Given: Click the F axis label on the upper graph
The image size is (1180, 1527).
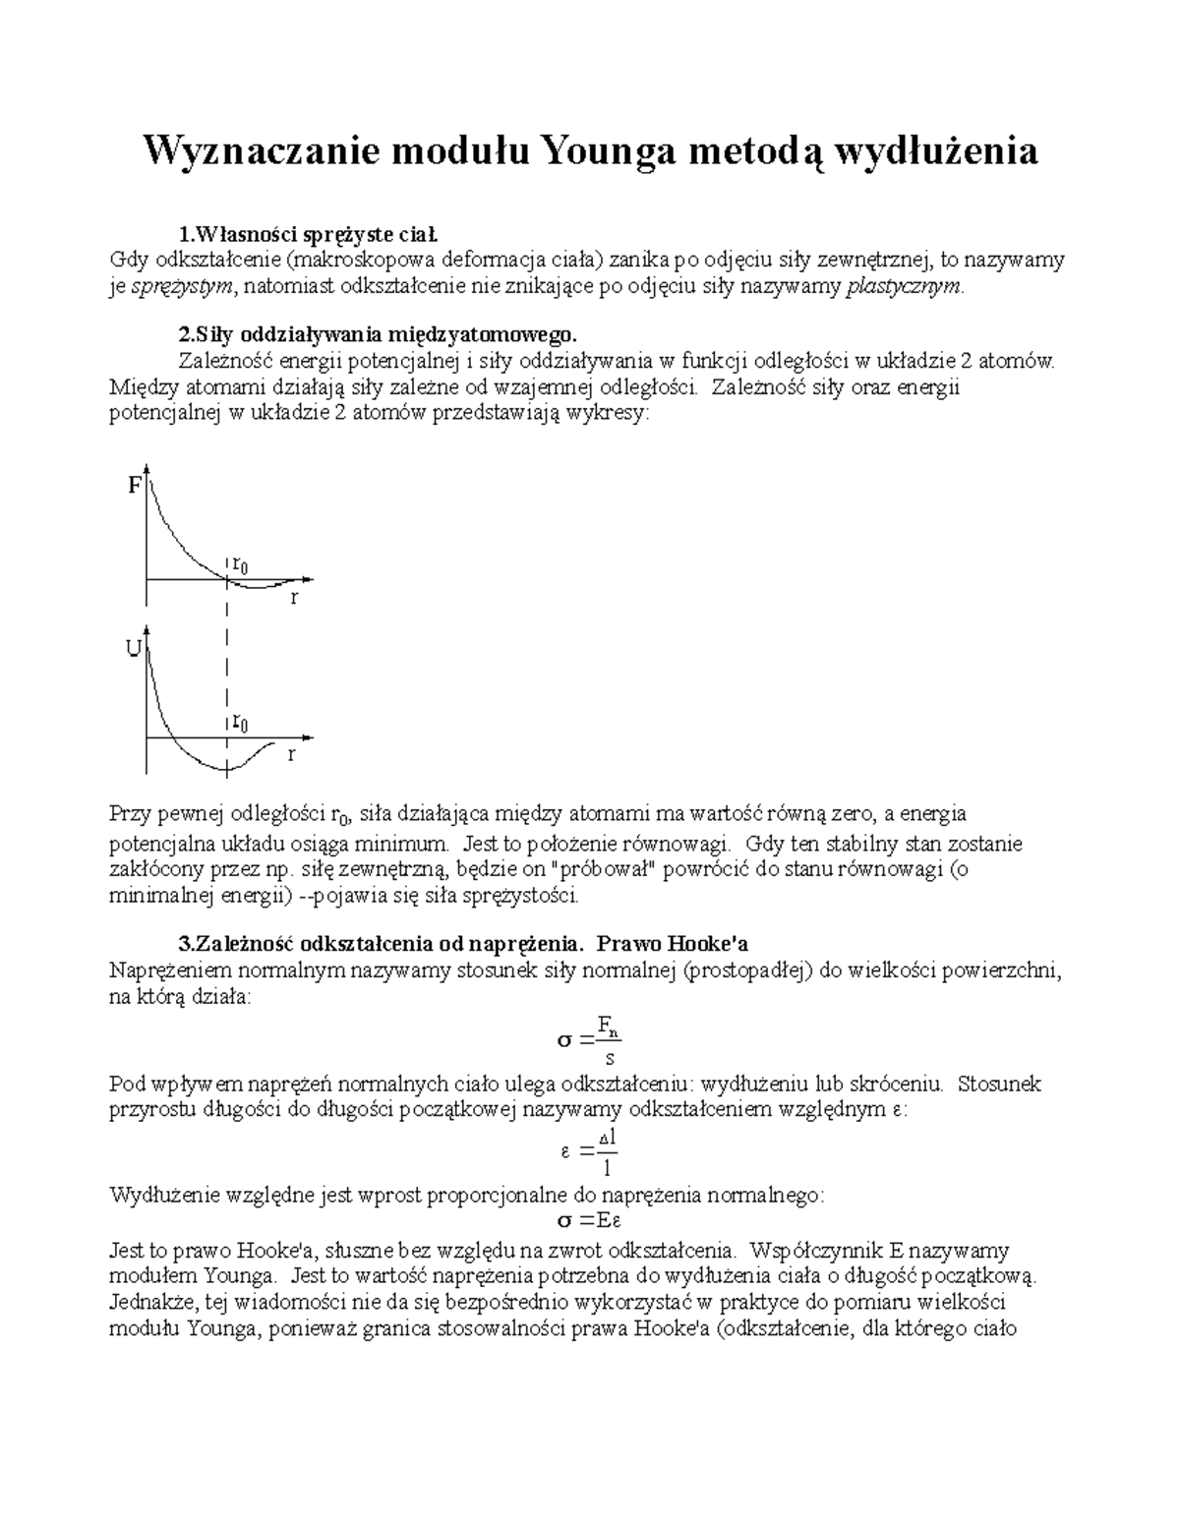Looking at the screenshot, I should [135, 486].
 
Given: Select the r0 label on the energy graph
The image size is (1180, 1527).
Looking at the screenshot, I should [239, 722].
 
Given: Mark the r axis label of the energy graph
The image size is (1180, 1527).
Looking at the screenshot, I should [291, 755].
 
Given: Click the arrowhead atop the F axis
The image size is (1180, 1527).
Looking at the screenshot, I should [147, 469].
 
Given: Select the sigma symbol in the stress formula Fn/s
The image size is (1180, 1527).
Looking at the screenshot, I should [563, 1040].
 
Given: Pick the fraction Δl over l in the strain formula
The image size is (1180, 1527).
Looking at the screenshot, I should [608, 1153].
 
